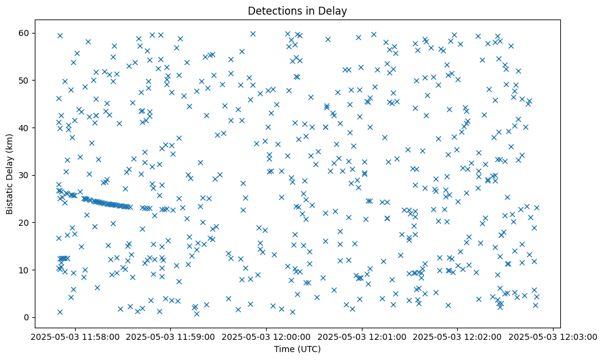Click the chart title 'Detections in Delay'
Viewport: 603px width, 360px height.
tap(297, 10)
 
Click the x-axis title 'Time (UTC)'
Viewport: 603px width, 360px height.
tap(297, 349)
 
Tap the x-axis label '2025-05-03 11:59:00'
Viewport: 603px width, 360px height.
tap(170, 336)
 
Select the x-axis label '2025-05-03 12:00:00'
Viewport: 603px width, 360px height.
tap(266, 336)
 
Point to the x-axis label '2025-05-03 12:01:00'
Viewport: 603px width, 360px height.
tap(362, 336)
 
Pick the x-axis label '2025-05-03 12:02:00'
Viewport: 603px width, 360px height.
tap(458, 336)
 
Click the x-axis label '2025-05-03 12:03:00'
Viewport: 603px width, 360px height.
tap(553, 336)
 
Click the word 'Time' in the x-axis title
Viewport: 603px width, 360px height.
tap(284, 349)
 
